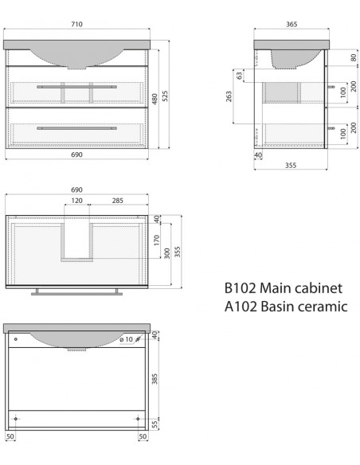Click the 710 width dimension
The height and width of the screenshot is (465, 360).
click(76, 25)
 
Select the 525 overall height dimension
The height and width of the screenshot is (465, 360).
click(165, 96)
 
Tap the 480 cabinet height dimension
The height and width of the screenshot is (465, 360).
click(155, 99)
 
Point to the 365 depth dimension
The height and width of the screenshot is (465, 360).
click(292, 25)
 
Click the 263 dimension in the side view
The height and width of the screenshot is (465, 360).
click(229, 96)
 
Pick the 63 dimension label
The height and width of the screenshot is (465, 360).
click(239, 76)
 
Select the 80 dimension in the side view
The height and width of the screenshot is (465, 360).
click(353, 57)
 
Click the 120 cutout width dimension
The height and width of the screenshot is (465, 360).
click(76, 201)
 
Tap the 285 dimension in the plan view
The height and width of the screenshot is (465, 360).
click(118, 201)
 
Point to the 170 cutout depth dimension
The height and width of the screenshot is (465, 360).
click(157, 240)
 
